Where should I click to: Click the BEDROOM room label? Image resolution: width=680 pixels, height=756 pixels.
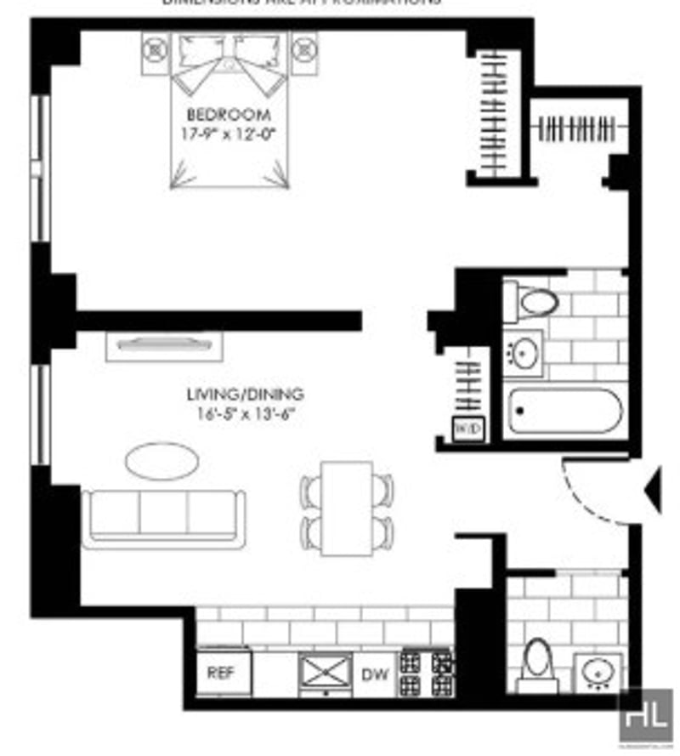[230, 115]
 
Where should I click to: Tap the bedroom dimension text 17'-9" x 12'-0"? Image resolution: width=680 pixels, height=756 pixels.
[230, 133]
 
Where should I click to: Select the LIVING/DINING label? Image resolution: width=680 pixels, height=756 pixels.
[246, 395]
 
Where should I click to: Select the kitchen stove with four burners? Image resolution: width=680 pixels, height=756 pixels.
[426, 673]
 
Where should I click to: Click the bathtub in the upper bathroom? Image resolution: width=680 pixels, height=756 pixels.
[564, 414]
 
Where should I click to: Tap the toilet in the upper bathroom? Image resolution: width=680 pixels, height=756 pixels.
[533, 301]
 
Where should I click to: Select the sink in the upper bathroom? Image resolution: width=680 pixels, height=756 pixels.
[524, 350]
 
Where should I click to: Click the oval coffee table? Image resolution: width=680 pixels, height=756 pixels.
[163, 460]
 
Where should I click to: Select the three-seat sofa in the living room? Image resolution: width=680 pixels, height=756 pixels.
[164, 514]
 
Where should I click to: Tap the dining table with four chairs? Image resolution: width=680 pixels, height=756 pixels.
[348, 508]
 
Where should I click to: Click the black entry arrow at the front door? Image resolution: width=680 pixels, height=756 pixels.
[654, 492]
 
